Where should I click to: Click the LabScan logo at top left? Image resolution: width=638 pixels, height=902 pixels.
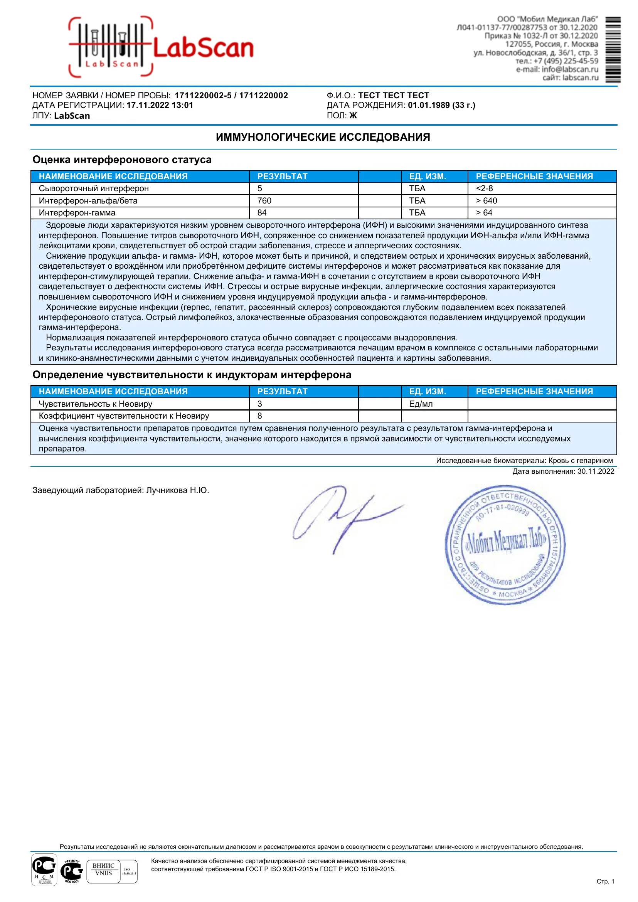click(x=161, y=47)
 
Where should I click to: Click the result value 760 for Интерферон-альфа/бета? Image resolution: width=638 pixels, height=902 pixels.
click(x=264, y=201)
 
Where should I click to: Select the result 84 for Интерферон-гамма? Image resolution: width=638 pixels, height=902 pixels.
click(x=262, y=213)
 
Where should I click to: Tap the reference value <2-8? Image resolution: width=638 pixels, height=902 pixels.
click(x=485, y=188)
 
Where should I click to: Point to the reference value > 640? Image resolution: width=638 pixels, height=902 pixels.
click(x=486, y=201)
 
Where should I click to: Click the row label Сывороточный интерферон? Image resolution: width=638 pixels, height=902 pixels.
click(x=94, y=188)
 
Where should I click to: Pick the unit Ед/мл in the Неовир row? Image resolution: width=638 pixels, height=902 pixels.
click(x=421, y=404)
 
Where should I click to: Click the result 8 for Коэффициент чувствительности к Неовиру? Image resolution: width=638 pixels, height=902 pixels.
click(x=260, y=416)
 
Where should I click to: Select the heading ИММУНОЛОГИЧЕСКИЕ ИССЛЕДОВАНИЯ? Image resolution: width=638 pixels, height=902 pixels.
click(x=323, y=137)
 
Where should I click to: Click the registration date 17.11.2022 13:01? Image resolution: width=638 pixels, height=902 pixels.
click(x=160, y=105)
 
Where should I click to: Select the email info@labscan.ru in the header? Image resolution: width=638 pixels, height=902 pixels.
click(x=570, y=69)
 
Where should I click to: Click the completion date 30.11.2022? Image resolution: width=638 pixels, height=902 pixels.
click(x=596, y=471)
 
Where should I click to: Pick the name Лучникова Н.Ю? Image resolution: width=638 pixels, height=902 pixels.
click(x=177, y=490)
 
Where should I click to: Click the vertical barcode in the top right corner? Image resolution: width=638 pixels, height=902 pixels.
click(x=613, y=49)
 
